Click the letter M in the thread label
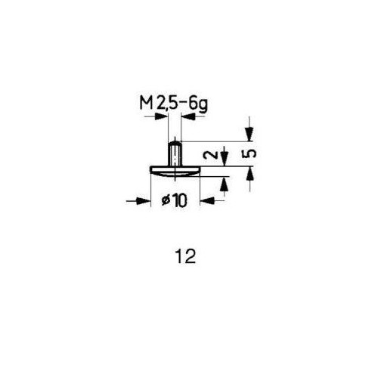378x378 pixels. tap(147, 104)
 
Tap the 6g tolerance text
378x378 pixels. tap(198, 104)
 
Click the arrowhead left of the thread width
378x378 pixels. tap(161, 116)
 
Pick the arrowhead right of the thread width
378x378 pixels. tap(187, 116)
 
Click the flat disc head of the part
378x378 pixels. tap(175, 171)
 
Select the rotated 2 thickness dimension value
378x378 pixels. tap(209, 155)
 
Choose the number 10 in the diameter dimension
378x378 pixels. tap(180, 201)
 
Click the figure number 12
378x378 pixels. tap(186, 257)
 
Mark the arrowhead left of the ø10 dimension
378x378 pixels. tap(144, 201)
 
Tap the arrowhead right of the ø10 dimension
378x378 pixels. tap(206, 201)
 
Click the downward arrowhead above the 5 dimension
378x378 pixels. tap(249, 135)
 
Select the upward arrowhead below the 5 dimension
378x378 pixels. tap(249, 173)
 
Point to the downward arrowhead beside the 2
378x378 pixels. tap(225, 160)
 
